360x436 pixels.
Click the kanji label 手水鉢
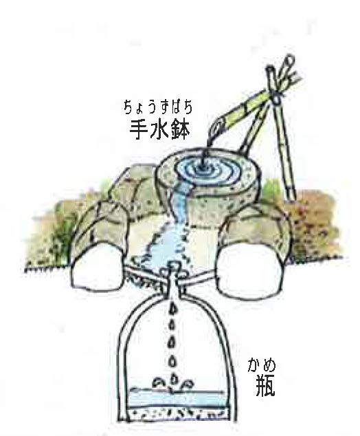(159, 131)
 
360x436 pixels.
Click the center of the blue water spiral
(203, 168)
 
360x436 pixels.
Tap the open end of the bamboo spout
(217, 127)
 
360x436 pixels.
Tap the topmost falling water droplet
(173, 308)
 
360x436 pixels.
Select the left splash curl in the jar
(158, 382)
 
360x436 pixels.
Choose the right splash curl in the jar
(187, 384)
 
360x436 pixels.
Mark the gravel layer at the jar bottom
(176, 411)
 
